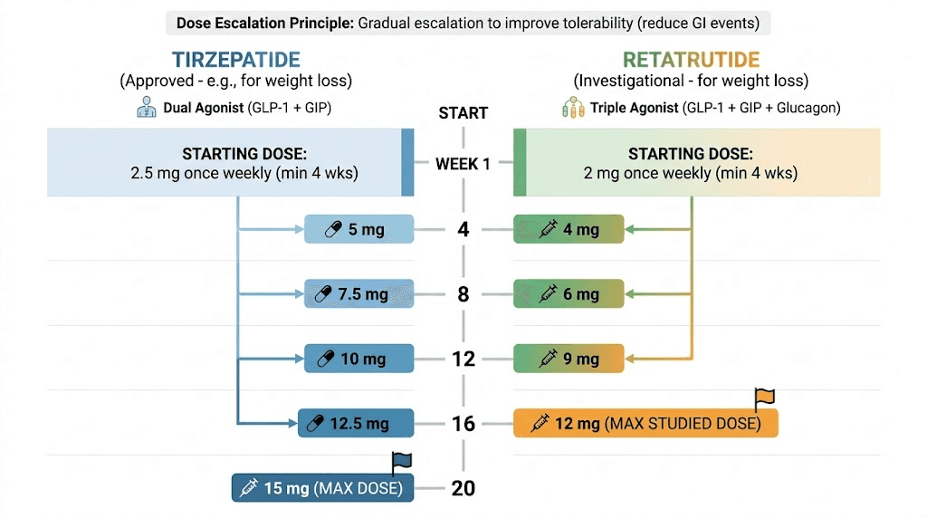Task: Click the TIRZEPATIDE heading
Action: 235,60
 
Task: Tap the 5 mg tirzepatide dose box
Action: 358,230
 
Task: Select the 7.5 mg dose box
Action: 358,294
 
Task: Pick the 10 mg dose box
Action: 358,359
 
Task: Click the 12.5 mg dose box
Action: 356,423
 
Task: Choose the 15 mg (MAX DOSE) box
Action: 322,488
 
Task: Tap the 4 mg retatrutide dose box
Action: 569,230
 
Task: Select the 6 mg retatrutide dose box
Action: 569,294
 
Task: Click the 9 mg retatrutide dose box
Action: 569,359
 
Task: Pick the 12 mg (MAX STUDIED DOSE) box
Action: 645,423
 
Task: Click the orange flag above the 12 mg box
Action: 765,397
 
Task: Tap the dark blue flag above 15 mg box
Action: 401,462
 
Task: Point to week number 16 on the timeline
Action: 463,423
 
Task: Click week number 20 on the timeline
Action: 463,488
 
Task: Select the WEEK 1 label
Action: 463,164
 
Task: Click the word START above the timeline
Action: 463,113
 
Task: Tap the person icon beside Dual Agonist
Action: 147,108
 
